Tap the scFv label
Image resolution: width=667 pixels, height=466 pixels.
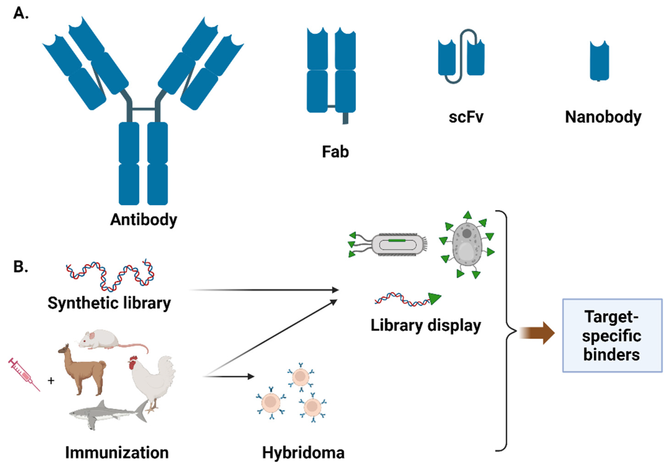[466, 117]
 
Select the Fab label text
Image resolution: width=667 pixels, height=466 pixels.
[335, 152]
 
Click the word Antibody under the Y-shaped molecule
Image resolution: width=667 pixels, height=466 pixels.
[144, 220]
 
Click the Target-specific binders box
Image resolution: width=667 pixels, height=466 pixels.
[612, 335]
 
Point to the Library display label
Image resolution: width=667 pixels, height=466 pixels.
[426, 325]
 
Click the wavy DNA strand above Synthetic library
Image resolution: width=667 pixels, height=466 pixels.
[110, 276]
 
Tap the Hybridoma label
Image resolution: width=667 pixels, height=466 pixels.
[303, 452]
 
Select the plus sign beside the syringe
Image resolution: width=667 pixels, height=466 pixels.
[51, 380]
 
